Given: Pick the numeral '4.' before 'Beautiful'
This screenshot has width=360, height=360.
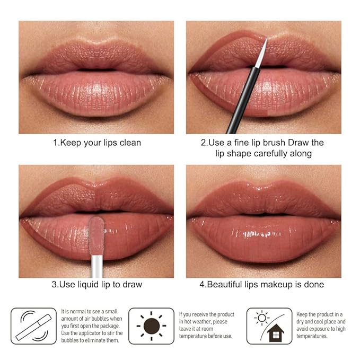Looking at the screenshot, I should click(x=203, y=285).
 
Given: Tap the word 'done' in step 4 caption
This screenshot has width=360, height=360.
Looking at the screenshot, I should click(x=314, y=285).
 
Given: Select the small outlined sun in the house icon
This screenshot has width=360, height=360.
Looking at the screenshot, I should click(x=262, y=318).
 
